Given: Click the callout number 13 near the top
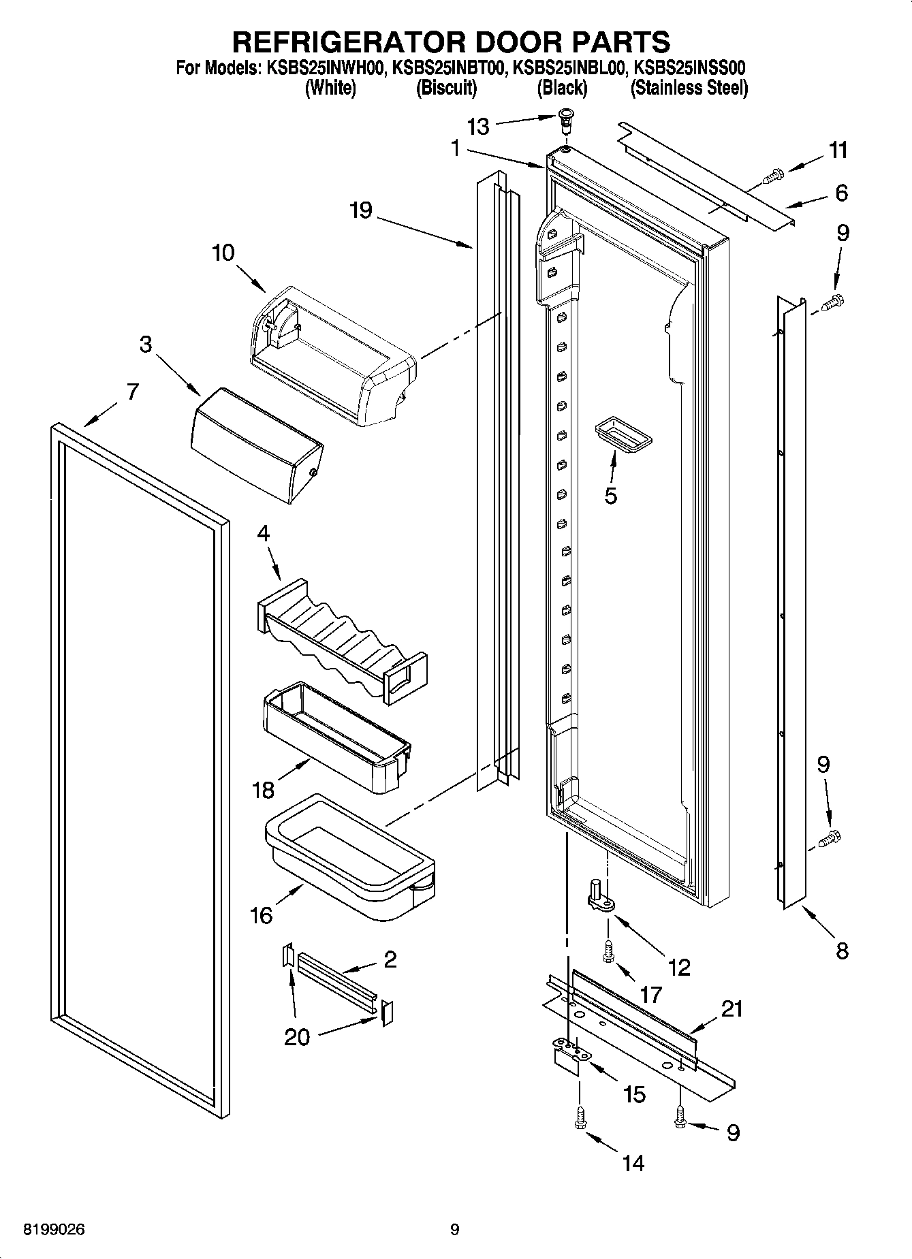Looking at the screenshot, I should click(x=478, y=126).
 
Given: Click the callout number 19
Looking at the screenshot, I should click(x=360, y=210).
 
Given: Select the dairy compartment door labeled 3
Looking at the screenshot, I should click(x=257, y=445).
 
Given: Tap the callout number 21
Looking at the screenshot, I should click(x=732, y=1009).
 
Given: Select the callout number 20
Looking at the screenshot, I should click(x=298, y=1037).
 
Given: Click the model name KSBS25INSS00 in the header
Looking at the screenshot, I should click(x=689, y=67).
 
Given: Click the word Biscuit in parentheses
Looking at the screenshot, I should click(x=446, y=88).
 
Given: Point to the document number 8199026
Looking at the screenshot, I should click(x=54, y=1230).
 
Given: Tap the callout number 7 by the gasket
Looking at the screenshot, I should click(x=132, y=392).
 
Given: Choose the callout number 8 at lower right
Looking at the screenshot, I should click(x=842, y=951).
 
